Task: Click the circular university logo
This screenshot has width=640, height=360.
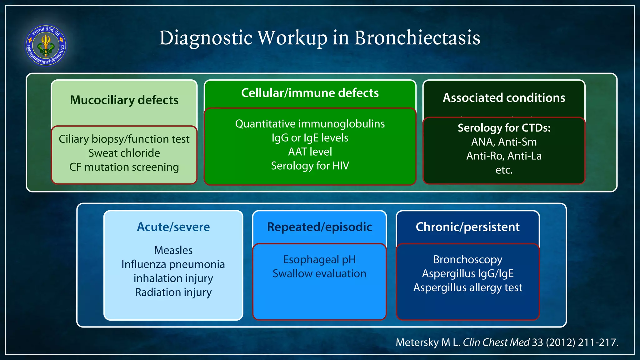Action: pos(46,45)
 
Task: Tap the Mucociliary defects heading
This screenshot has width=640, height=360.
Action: pos(124,100)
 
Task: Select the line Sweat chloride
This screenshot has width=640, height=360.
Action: pos(124,153)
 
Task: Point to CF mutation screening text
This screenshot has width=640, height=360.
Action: pos(124,167)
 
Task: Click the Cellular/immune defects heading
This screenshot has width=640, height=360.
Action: pos(310,93)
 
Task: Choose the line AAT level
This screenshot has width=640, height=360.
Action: pos(310,152)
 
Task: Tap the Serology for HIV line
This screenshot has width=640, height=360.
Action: pos(310,166)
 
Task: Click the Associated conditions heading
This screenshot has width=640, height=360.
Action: pos(504,98)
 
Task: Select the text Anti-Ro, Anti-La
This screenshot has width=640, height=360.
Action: pos(504,156)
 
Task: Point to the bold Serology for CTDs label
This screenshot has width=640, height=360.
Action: pos(504,128)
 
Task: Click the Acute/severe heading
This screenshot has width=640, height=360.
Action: pos(173,227)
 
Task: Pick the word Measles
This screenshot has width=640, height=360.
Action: pos(173,250)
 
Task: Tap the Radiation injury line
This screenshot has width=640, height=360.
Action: pos(173,292)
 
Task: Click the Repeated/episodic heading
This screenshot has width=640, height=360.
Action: pos(319,227)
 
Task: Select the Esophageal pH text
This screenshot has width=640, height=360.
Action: pos(319,260)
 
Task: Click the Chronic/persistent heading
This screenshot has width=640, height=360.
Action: pos(467,227)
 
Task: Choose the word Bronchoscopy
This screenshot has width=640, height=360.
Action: pos(467,260)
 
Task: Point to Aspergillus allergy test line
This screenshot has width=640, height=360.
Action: pos(467,288)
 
